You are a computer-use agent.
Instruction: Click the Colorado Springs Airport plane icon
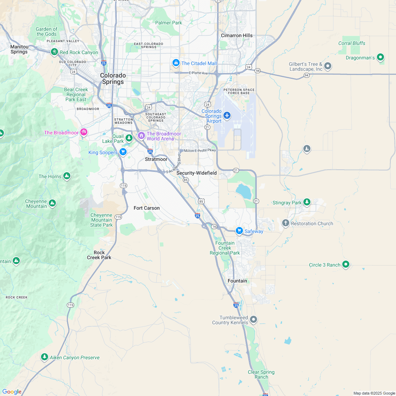pos(227,116)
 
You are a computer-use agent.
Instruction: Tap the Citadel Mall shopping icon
pos(176,63)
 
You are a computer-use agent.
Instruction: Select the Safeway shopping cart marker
pos(239,231)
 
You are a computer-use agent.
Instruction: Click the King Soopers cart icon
pos(123,152)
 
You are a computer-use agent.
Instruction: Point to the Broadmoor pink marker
pos(84,132)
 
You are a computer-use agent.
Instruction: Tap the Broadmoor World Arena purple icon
pos(141,135)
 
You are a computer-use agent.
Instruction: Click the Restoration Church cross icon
pos(286,223)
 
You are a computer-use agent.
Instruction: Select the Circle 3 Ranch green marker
pos(346,264)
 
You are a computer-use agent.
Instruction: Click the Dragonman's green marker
pos(380,57)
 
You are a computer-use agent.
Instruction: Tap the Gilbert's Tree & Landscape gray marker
pos(328,66)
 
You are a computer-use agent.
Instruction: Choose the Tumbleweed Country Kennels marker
pos(253,320)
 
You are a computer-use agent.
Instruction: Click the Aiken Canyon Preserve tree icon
pos(44,357)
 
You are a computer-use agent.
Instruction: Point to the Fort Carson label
pos(146,208)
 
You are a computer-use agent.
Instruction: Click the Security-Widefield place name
pos(197,173)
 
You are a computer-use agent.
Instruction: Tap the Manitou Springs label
pos(19,49)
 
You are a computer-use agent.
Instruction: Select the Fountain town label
pos(237,281)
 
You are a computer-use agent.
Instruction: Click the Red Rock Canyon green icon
pos(54,52)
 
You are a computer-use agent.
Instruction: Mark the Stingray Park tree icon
pos(307,202)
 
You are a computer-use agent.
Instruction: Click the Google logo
pos(12,391)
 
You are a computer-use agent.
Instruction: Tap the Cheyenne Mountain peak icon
pos(52,203)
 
